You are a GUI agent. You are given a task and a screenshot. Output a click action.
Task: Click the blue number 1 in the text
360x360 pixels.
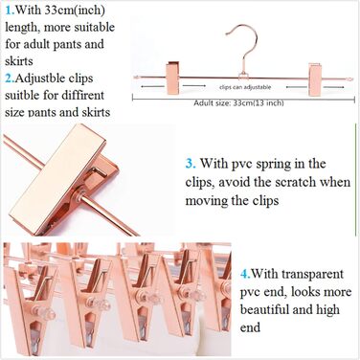[x=10, y=10]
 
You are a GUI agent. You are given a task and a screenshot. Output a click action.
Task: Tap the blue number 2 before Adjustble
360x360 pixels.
[x=10, y=79]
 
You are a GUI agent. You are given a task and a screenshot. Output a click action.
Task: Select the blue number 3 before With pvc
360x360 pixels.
[x=191, y=164]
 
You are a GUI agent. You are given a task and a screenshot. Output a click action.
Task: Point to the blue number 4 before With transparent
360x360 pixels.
[x=245, y=274]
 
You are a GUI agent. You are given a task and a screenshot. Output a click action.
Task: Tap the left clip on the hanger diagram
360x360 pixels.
[x=172, y=78]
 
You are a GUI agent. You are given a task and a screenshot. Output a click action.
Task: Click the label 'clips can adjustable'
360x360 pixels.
[x=245, y=87]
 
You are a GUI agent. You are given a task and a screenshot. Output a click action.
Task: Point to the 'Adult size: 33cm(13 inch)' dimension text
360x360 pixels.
[x=238, y=103]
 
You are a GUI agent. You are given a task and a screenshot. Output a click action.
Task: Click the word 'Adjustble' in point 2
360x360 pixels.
[x=54, y=79]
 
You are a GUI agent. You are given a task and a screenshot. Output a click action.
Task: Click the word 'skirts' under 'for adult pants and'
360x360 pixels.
[x=19, y=60]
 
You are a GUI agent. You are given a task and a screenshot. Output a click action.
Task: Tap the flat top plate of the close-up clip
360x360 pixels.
[x=60, y=172]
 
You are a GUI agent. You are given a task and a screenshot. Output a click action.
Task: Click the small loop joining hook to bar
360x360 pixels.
[x=243, y=76]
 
